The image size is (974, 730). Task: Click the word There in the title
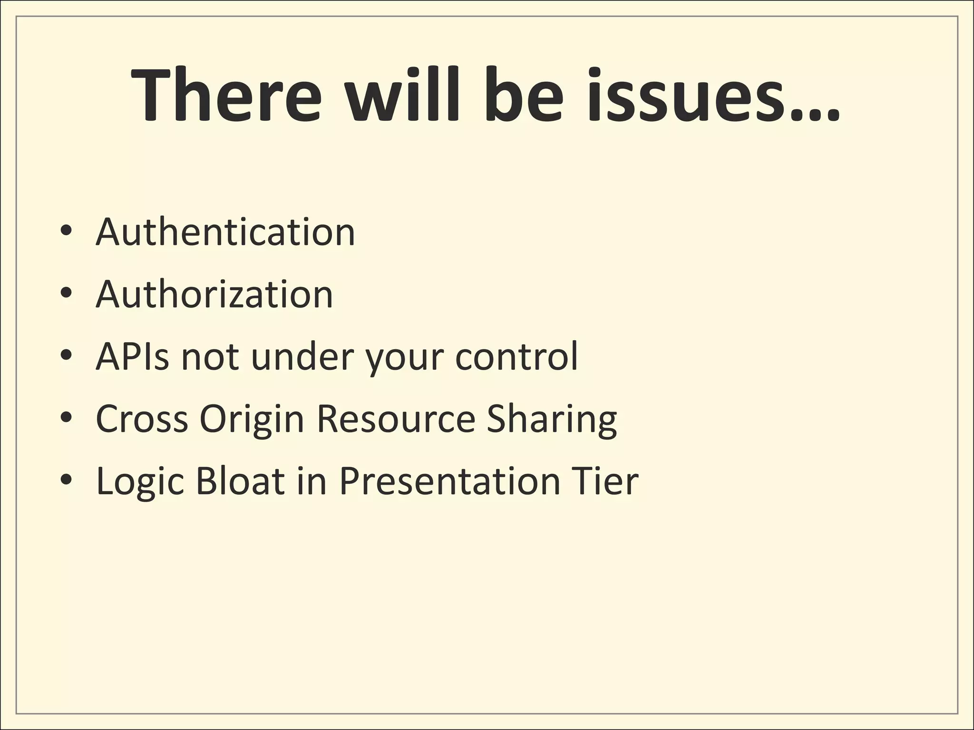coord(226,95)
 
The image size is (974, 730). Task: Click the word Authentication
coord(225,232)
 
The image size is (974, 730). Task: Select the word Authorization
coord(214,294)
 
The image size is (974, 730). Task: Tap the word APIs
coord(132,356)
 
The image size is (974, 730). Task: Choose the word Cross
coord(142,419)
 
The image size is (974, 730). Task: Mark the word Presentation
coord(449,481)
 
